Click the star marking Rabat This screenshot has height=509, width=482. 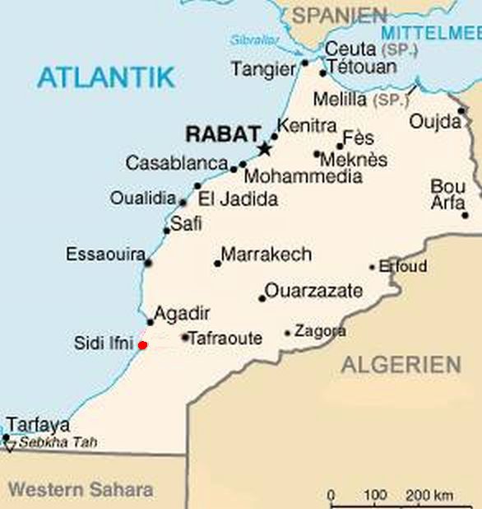tap(264, 149)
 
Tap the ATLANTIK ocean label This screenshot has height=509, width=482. tap(106, 77)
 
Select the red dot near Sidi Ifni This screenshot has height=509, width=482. tap(142, 345)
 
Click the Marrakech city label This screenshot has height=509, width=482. tap(266, 254)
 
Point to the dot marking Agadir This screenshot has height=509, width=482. tap(150, 322)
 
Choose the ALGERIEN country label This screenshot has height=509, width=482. tap(401, 364)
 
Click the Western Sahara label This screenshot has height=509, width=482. tap(80, 489)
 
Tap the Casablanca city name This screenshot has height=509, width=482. tap(176, 163)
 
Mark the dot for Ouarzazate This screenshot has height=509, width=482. tap(262, 298)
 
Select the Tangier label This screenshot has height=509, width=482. tap(262, 69)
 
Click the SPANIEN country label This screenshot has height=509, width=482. tap(340, 15)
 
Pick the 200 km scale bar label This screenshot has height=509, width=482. tap(429, 495)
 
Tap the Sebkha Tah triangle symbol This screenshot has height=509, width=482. tap(10, 447)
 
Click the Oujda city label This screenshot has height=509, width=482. tap(435, 122)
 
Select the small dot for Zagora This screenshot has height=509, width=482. tap(288, 334)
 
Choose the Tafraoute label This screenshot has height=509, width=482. tap(225, 339)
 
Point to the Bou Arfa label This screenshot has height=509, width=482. tap(448, 194)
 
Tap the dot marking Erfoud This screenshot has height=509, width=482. tap(372, 267)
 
